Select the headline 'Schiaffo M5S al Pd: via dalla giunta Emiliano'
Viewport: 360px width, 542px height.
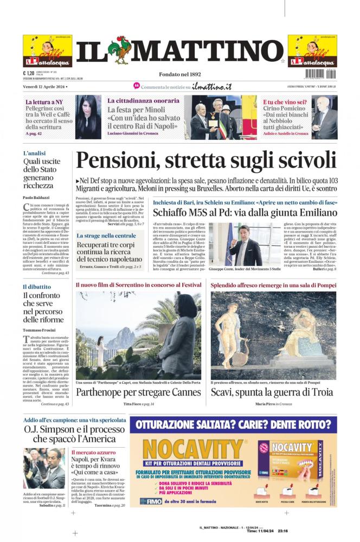pyautogui.click(x=244, y=213)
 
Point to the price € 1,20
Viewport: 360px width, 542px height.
pyautogui.click(x=29, y=73)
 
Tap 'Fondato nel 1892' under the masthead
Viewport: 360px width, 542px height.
pyautogui.click(x=179, y=74)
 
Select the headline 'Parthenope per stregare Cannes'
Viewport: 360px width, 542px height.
pyautogui.click(x=138, y=392)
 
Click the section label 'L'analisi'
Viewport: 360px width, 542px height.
pyautogui.click(x=34, y=153)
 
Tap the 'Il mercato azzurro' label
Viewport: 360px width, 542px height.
pyautogui.click(x=93, y=452)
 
